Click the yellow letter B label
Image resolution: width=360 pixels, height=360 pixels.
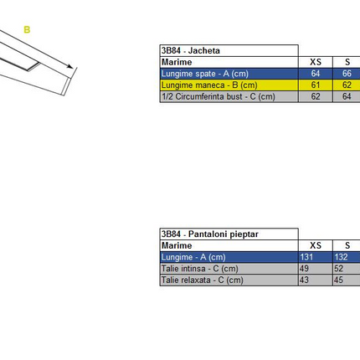tap(27, 29)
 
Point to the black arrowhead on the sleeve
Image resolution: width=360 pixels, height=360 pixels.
tap(69, 66)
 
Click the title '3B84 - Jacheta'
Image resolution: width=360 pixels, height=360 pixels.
tap(191, 50)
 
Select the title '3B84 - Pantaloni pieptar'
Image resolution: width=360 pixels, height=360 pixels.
tap(210, 234)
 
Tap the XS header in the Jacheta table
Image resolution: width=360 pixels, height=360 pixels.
tap(316, 62)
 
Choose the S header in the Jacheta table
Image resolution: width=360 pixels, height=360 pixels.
tap(347, 62)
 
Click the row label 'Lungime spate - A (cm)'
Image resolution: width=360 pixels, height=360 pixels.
tap(205, 74)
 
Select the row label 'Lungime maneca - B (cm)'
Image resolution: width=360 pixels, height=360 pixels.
tap(209, 85)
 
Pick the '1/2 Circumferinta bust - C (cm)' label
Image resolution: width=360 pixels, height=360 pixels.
tap(219, 96)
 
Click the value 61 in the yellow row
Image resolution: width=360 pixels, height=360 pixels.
tap(316, 85)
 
